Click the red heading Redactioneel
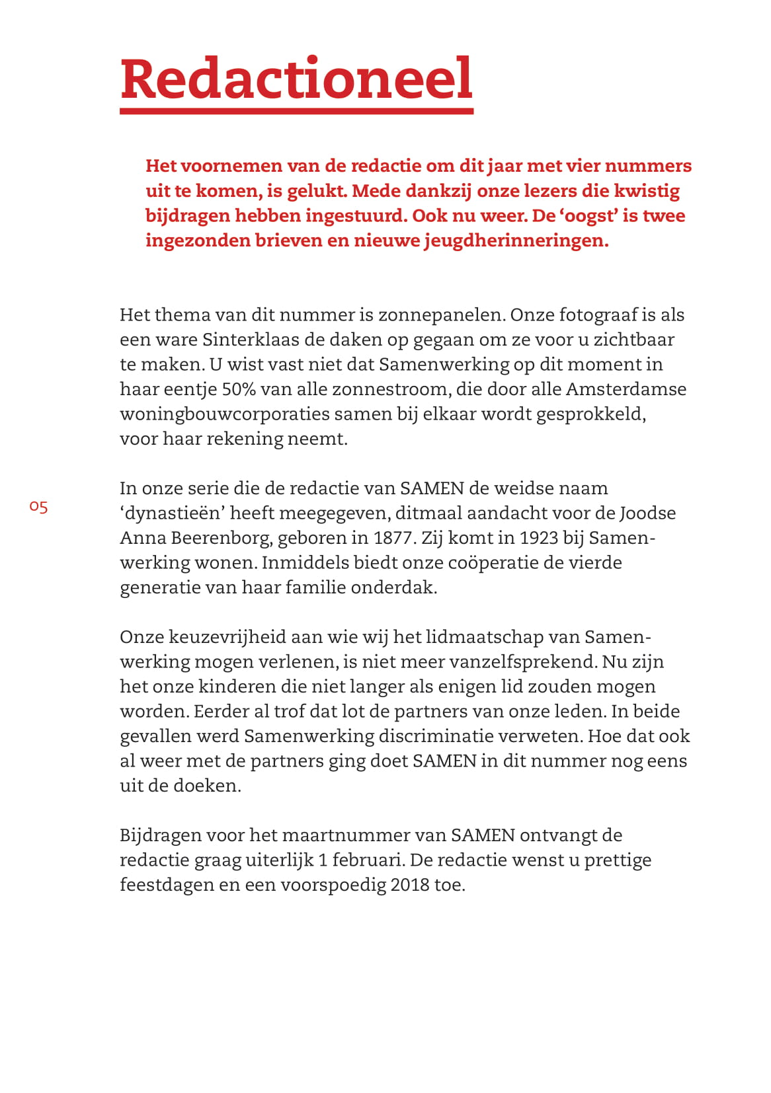296,79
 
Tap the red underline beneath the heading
296,111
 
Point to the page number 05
38,507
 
